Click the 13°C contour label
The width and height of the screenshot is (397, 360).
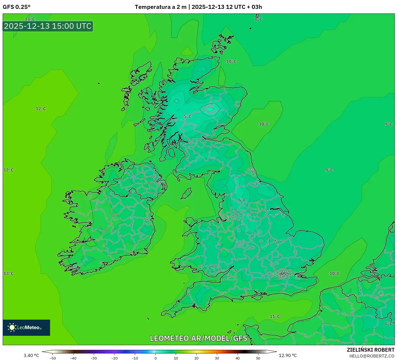pos(8,273)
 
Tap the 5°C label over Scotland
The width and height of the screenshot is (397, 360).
pos(188,117)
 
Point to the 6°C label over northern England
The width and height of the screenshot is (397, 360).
pos(242,200)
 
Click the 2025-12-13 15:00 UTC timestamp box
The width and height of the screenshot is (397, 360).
pos(48,26)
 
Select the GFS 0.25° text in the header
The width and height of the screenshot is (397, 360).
pos(16,7)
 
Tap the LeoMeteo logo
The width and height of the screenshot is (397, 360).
pos(26,327)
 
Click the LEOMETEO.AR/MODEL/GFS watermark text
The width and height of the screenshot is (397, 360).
pos(198,338)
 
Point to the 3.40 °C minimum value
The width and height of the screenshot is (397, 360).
pos(31,355)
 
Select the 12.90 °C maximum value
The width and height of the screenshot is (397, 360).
pos(288,355)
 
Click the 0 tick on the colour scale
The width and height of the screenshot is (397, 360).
pos(156,358)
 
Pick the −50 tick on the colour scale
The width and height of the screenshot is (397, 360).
pos(53,358)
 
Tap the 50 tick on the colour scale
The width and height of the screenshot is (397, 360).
pos(258,358)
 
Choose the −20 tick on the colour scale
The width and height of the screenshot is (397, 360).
pos(114,358)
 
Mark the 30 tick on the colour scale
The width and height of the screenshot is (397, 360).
pos(217,358)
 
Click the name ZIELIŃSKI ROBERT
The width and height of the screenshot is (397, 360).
pos(370,350)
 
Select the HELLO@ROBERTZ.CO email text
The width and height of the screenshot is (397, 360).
pos(372,356)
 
